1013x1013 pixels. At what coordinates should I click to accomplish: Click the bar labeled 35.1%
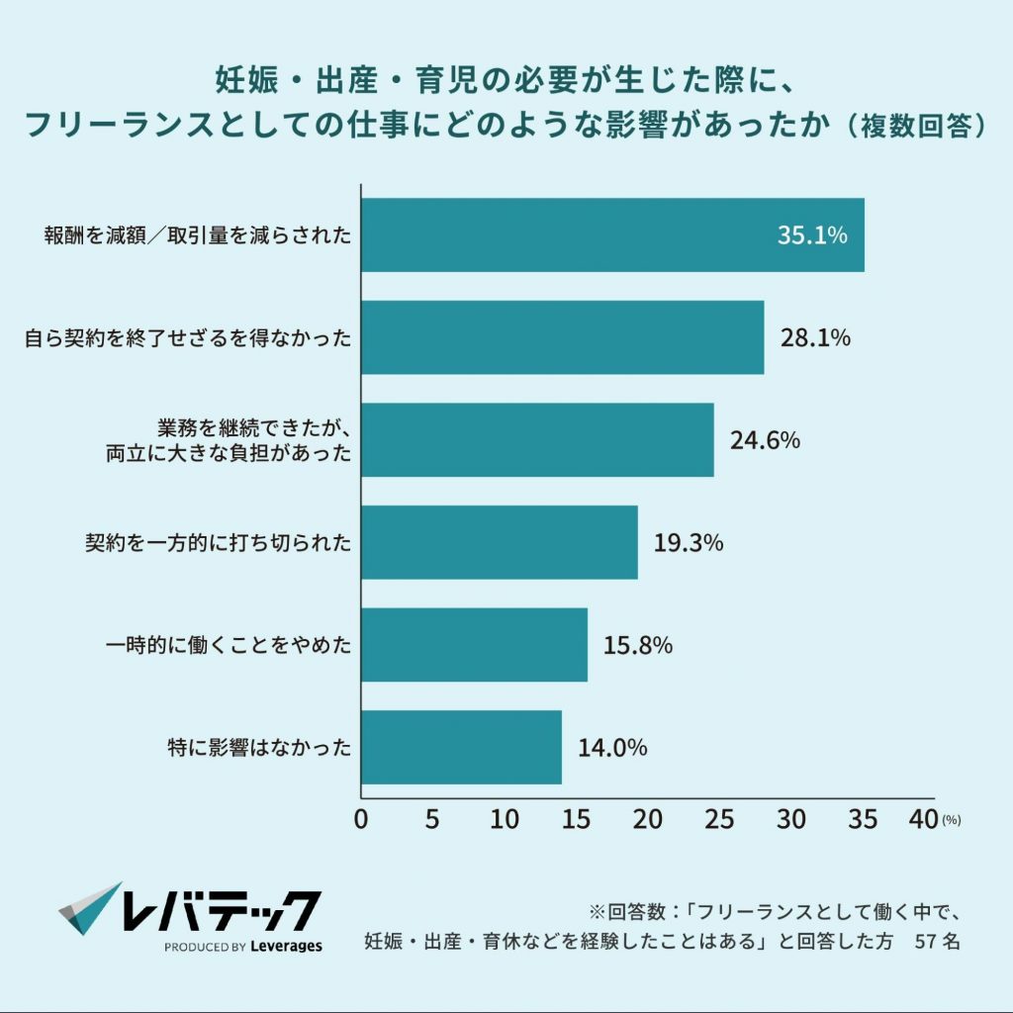pyautogui.click(x=612, y=235)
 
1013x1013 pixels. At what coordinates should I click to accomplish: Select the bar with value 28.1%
pyautogui.click(x=562, y=337)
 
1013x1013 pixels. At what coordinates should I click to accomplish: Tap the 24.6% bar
pyautogui.click(x=537, y=440)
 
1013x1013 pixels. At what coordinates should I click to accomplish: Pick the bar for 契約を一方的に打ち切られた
pyautogui.click(x=499, y=542)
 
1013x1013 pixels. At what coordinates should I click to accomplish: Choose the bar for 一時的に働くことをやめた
pyautogui.click(x=474, y=645)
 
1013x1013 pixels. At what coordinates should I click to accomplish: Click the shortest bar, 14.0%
pyautogui.click(x=461, y=747)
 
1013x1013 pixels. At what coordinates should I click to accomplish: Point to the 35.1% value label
pyautogui.click(x=812, y=235)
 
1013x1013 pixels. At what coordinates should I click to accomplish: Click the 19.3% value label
pyautogui.click(x=689, y=543)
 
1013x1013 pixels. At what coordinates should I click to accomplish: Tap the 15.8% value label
pyautogui.click(x=638, y=645)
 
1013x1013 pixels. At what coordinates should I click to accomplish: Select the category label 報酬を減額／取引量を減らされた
pyautogui.click(x=197, y=235)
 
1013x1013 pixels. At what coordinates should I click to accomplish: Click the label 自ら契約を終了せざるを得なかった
pyautogui.click(x=188, y=338)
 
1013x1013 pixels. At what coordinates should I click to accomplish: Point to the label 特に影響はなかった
pyautogui.click(x=259, y=747)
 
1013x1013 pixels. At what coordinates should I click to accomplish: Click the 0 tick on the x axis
pyautogui.click(x=361, y=819)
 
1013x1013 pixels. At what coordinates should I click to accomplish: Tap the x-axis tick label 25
pyautogui.click(x=719, y=819)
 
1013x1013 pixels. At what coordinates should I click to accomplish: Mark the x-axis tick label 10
pyautogui.click(x=505, y=819)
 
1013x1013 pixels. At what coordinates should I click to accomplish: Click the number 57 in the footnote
pyautogui.click(x=926, y=941)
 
